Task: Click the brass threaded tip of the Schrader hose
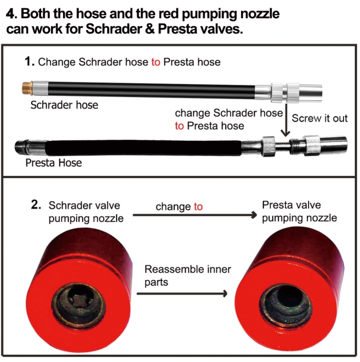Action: (27, 88)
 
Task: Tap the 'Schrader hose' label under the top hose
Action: (64, 105)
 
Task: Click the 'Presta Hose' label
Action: (54, 163)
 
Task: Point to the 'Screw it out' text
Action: (319, 118)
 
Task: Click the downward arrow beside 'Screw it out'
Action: (286, 119)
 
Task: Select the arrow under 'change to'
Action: (195, 215)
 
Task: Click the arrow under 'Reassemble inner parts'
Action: (182, 294)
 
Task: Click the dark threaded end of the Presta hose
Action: (21, 147)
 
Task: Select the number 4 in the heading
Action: (10, 14)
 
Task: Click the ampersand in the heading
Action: (150, 29)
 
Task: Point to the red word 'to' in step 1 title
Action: (156, 62)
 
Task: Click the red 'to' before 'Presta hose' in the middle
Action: (179, 126)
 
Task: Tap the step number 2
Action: (36, 205)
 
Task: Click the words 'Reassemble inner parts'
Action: (188, 275)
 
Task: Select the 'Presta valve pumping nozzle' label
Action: (300, 211)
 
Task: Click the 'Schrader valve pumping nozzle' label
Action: (86, 212)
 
